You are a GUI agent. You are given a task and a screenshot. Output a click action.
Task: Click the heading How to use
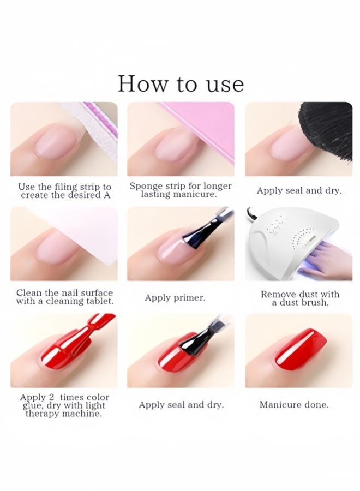(x=181, y=83)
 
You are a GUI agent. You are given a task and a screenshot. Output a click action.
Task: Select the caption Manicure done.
(x=294, y=405)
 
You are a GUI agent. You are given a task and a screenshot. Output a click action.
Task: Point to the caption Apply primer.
(x=175, y=298)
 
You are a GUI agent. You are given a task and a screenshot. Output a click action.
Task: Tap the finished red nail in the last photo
(x=300, y=349)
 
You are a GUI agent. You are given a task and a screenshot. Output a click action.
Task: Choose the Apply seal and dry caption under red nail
(x=181, y=405)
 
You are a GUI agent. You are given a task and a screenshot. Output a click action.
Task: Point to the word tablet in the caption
(x=99, y=301)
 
